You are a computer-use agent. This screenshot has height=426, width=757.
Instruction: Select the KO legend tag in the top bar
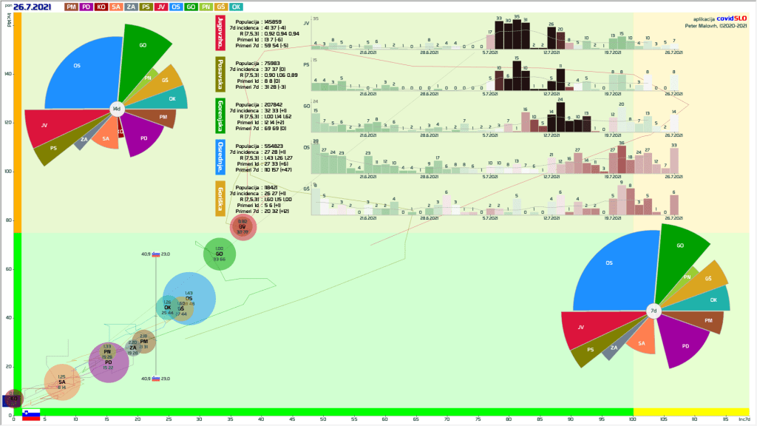pyautogui.click(x=103, y=7)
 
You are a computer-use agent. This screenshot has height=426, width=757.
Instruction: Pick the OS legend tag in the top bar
pyautogui.click(x=176, y=7)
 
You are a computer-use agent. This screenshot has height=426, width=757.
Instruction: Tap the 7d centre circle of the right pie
pyautogui.click(x=654, y=311)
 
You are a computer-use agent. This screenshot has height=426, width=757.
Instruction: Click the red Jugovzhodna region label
pyautogui.click(x=220, y=34)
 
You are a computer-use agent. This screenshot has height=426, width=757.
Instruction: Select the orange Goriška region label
pyautogui.click(x=220, y=199)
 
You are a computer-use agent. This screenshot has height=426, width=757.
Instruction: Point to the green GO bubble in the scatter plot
pyautogui.click(x=220, y=254)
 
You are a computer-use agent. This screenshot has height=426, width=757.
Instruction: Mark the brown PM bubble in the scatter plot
pyautogui.click(x=144, y=341)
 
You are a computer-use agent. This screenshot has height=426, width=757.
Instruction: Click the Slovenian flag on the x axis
pyautogui.click(x=31, y=415)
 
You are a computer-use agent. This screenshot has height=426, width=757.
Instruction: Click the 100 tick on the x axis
pyautogui.click(x=631, y=420)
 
